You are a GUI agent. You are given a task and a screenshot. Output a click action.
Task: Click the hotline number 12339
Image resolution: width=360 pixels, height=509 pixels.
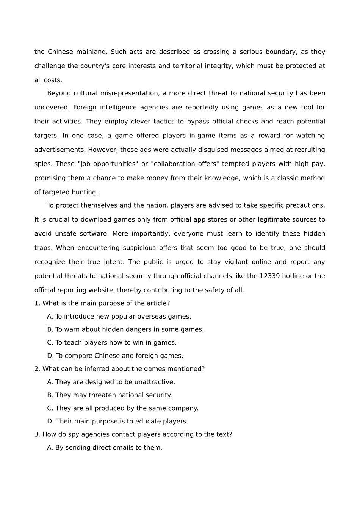pos(270,276)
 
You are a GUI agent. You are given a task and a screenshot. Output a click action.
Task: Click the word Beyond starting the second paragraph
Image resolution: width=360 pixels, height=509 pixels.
pos(59,93)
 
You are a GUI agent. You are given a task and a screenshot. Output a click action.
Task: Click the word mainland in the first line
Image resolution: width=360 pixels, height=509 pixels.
pos(92,52)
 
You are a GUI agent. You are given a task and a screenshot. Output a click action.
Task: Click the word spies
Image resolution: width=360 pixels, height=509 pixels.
pos(43,164)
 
